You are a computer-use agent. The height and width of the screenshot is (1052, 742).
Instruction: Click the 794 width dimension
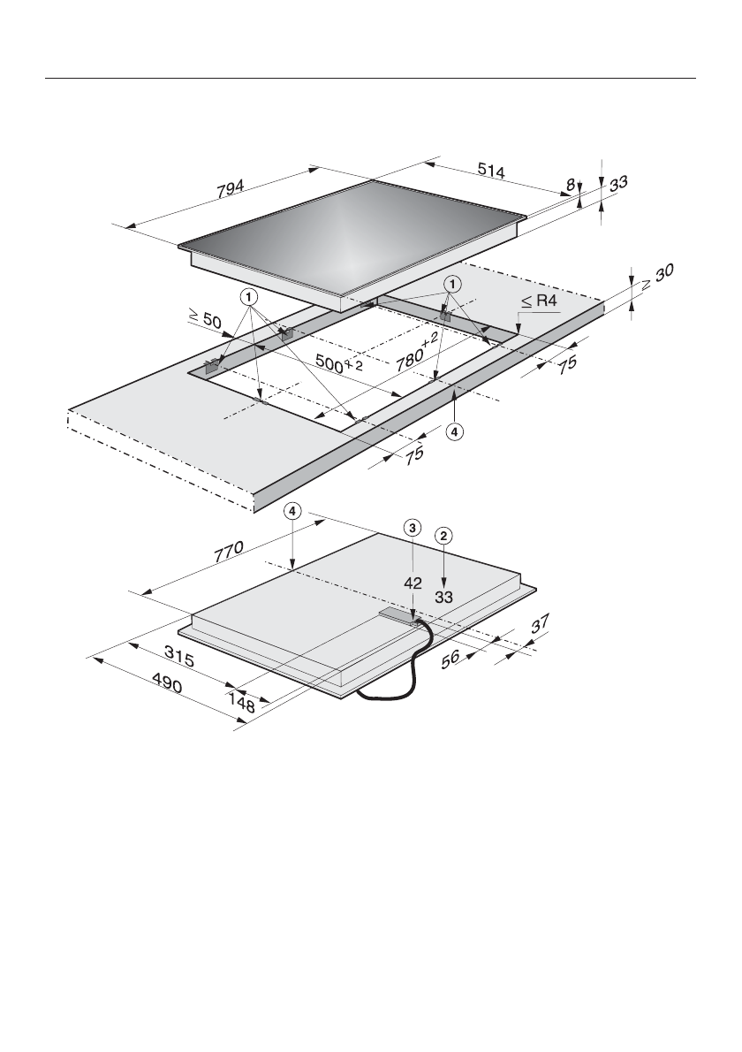231,188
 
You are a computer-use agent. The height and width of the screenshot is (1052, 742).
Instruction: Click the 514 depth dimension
491,171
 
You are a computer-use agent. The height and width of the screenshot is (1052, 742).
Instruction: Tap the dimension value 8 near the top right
571,183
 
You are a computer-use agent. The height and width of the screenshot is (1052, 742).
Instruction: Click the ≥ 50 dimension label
204,318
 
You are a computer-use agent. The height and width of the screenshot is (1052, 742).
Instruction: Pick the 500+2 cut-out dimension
339,363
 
